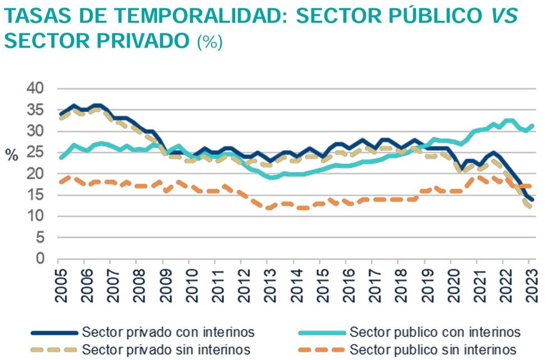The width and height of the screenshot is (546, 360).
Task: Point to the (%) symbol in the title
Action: pyautogui.click(x=209, y=42)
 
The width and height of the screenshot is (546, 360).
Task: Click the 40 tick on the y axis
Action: pyautogui.click(x=35, y=88)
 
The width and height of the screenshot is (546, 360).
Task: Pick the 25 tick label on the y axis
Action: pyautogui.click(x=35, y=152)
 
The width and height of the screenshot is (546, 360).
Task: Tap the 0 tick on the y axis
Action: pyautogui.click(x=40, y=259)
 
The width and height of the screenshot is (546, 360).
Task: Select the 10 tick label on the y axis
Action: pyautogui.click(x=35, y=216)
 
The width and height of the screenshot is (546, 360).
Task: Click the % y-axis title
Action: pyautogui.click(x=12, y=156)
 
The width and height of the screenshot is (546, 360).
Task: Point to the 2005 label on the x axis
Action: pyautogui.click(x=58, y=284)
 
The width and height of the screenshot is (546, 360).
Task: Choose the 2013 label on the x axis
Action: pyautogui.click(x=268, y=284)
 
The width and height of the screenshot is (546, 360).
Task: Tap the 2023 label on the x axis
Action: pyautogui.click(x=529, y=284)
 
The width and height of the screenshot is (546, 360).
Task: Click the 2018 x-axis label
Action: pyautogui.click(x=398, y=284)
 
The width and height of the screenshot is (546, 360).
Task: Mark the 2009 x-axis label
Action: pyautogui.click(x=163, y=284)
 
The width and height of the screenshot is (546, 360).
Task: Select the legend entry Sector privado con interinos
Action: pyautogui.click(x=169, y=333)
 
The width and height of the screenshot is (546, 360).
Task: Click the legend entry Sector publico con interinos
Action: pyautogui.click(x=435, y=333)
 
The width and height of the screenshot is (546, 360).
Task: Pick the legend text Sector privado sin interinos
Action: pyautogui.click(x=166, y=349)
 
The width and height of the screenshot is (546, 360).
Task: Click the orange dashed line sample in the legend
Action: pyautogui.click(x=316, y=349)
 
